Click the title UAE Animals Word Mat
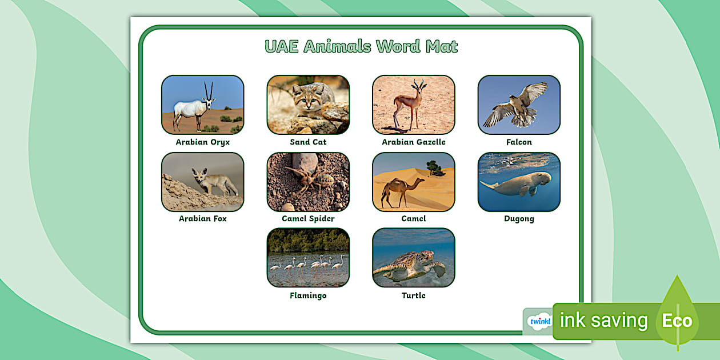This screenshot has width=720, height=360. (361, 46)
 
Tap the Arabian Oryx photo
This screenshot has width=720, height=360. (202, 105)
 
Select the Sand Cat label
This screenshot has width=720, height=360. (308, 142)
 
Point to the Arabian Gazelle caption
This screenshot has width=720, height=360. (414, 142)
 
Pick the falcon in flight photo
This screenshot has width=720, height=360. (519, 105)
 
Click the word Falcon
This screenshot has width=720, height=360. (519, 142)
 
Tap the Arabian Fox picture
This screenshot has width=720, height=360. (202, 182)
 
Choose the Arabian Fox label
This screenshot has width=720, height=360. (202, 219)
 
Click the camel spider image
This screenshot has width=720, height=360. (308, 182)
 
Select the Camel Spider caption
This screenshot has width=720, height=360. (308, 219)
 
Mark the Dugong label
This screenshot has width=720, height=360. (519, 219)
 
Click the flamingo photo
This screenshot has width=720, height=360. (308, 258)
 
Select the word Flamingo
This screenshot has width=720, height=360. (308, 296)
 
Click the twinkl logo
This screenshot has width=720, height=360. (539, 321)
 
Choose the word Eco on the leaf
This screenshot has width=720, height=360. (677, 321)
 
